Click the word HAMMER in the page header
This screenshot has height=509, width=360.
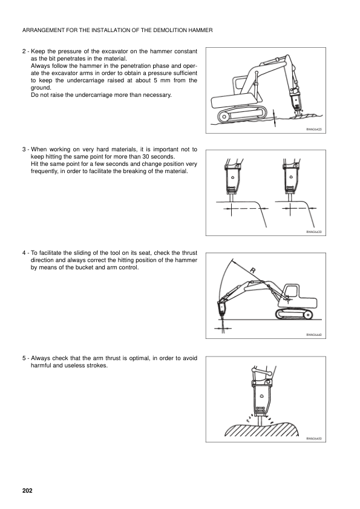pos(197,30)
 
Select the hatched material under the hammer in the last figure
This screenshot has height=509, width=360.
pos(261,429)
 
